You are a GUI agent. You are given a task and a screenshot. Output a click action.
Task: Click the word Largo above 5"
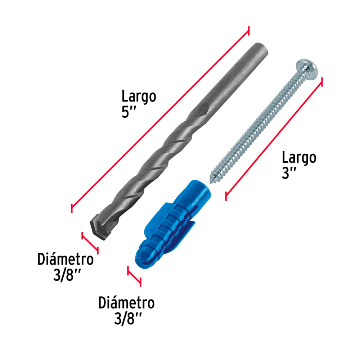tap(139, 97)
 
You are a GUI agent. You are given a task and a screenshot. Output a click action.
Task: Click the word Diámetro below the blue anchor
tap(126, 303)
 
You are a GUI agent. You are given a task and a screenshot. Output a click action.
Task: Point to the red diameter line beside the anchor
tap(134, 276)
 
